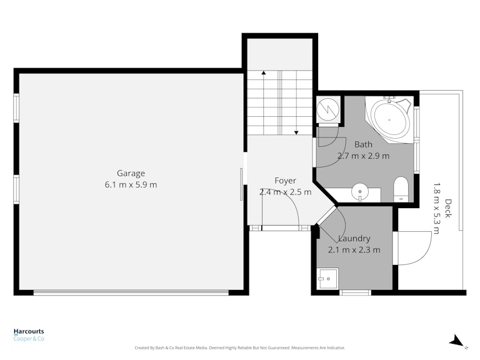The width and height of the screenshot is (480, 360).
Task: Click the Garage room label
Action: point(131,174)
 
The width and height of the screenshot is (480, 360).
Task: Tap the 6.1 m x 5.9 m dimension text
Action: point(131,185)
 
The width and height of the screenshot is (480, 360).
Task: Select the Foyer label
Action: point(285,181)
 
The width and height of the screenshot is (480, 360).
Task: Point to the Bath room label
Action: point(363,144)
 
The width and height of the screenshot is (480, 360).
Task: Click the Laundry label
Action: point(354,239)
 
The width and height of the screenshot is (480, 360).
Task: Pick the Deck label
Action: point(448,209)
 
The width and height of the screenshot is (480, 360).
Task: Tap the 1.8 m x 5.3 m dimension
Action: point(436,209)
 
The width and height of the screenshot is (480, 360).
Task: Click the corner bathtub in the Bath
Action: point(389,119)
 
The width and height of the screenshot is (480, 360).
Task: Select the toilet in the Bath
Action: point(401,189)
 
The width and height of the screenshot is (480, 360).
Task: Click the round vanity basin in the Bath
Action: point(360,192)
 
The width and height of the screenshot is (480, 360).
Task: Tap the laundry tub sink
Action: point(327,279)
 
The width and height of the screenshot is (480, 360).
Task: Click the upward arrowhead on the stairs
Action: point(264,73)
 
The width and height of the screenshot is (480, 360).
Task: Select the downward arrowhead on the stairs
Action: point(296,132)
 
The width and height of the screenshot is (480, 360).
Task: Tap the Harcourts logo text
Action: point(29,331)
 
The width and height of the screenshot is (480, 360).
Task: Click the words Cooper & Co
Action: point(29,339)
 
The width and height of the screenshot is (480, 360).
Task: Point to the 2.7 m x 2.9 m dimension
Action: point(363,156)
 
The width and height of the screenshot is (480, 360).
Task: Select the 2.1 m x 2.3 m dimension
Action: point(354,250)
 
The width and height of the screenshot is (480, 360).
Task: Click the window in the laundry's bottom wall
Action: point(355,292)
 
